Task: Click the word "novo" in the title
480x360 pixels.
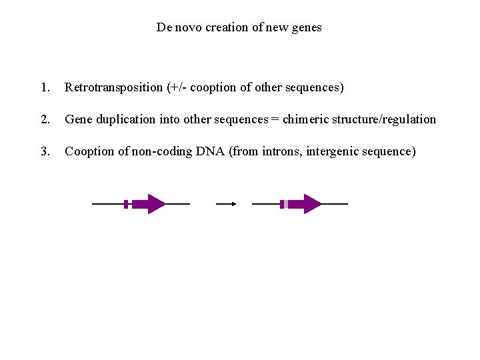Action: click(189, 27)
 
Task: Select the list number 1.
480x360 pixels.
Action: click(45, 87)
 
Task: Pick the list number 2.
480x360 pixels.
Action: click(45, 119)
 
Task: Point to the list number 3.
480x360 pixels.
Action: click(45, 151)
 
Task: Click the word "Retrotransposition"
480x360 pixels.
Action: click(114, 87)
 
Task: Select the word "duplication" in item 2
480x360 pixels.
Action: click(126, 119)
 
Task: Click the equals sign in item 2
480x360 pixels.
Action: click(275, 120)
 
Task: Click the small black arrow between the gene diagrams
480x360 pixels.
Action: click(227, 204)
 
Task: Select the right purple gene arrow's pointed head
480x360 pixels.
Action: click(312, 204)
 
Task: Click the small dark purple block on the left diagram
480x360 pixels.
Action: click(126, 204)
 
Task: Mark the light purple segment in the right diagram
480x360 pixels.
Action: click(286, 204)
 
